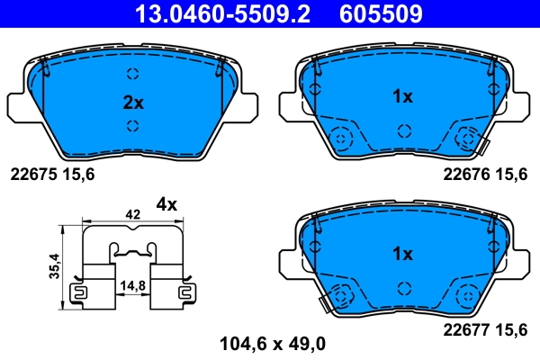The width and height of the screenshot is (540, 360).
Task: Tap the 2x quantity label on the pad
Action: (x=132, y=103)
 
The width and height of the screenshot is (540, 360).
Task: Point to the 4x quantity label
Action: (x=166, y=203)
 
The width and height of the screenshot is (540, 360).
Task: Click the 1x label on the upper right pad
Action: (x=401, y=96)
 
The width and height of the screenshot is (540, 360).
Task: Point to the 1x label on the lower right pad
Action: (x=401, y=254)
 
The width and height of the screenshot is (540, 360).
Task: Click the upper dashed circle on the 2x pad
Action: (x=132, y=75)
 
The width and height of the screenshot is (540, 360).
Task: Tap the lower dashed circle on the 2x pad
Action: (x=132, y=126)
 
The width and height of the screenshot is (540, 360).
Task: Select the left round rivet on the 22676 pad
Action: (x=341, y=139)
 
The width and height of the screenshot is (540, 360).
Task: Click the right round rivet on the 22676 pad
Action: (x=467, y=139)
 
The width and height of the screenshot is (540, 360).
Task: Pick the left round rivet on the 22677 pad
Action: (x=341, y=295)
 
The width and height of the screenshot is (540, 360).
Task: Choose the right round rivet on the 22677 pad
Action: (x=467, y=295)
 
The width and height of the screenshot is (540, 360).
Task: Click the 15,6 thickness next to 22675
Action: (x=79, y=175)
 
